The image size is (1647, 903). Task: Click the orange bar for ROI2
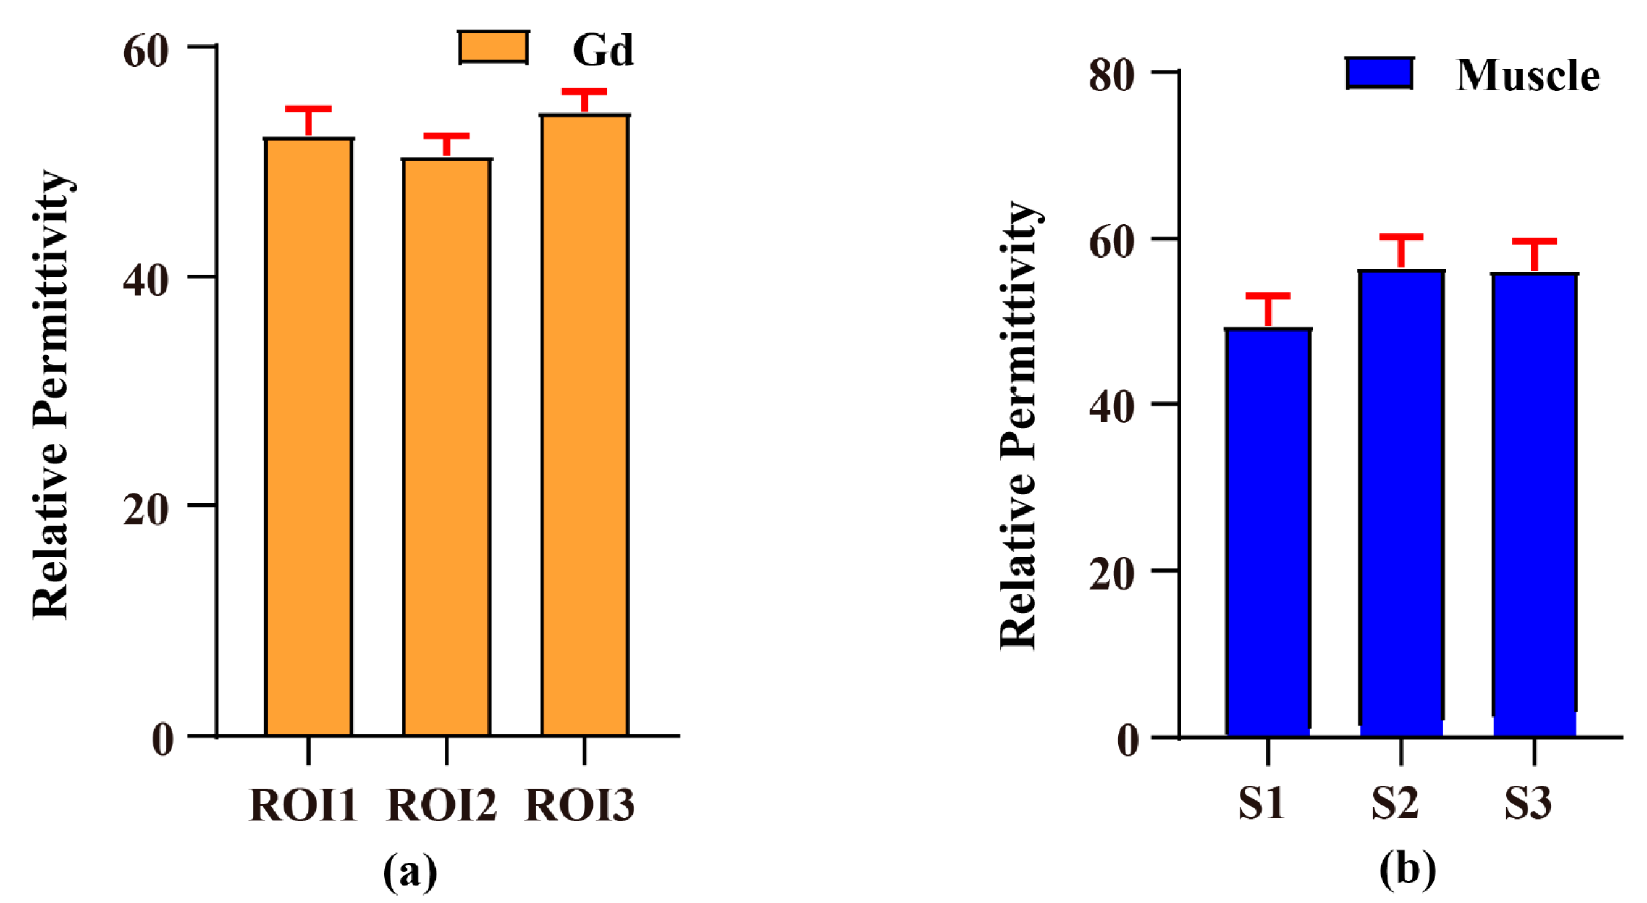click(x=446, y=447)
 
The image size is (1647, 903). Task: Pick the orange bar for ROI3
click(x=584, y=425)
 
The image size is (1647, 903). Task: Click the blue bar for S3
click(x=1535, y=505)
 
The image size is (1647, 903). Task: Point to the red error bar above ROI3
click(x=584, y=99)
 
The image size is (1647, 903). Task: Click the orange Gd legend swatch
click(x=493, y=48)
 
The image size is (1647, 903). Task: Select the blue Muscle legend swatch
click(x=1379, y=73)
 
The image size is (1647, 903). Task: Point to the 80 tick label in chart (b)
click(x=1112, y=75)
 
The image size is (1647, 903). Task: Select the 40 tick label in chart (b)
click(x=1112, y=407)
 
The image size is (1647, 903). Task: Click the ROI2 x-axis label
click(x=442, y=805)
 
